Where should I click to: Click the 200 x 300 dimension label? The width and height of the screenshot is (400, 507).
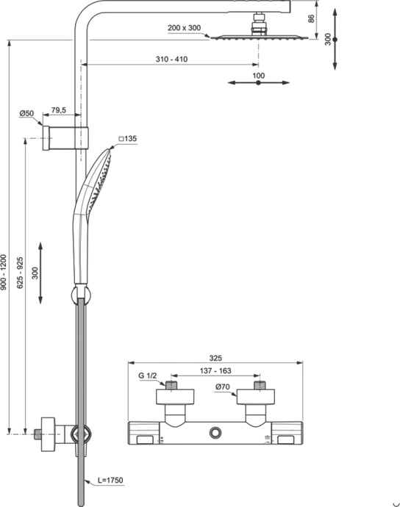tap(185, 27)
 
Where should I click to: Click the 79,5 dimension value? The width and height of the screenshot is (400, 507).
tap(58, 111)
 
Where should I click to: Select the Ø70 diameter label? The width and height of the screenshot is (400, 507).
tap(224, 388)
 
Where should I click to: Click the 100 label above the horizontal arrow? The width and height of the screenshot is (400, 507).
tap(258, 75)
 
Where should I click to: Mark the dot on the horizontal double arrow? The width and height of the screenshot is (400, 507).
tap(258, 84)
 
